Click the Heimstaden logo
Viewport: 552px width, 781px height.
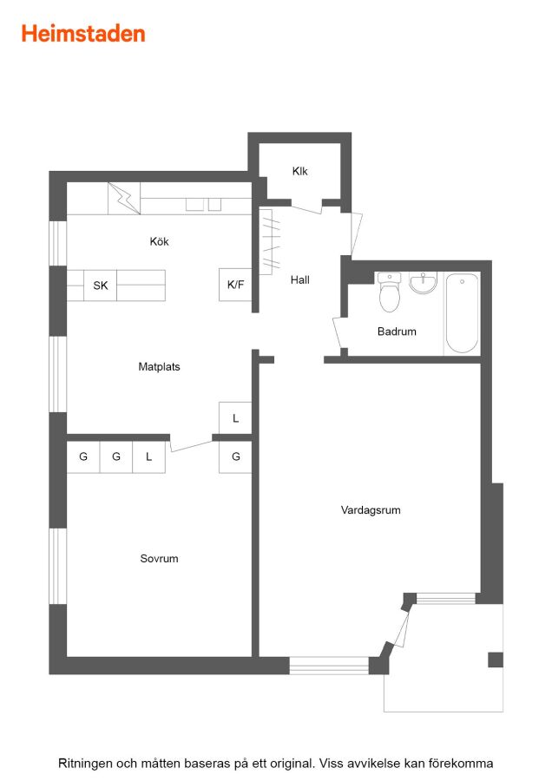pos(83,34)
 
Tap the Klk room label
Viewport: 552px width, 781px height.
pos(300,171)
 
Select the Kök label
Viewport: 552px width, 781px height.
pos(160,241)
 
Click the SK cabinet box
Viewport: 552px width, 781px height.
pos(100,285)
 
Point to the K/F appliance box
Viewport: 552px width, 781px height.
pos(235,285)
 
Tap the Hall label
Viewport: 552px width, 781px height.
pos(300,280)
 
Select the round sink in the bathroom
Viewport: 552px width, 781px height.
pos(423,282)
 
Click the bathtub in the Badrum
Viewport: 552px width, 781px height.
pos(462,313)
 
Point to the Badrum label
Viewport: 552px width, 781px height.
pos(397,331)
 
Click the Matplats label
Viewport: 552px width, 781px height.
pos(159,367)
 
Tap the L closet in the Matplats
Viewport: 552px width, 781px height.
pos(235,418)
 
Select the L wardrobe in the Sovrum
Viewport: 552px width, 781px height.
pos(149,456)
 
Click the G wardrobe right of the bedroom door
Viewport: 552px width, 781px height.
pos(235,456)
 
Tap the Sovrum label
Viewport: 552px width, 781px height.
pos(159,559)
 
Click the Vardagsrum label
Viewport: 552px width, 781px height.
pos(371,510)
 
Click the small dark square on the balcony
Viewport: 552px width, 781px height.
pos(496,660)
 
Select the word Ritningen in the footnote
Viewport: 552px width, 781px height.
pos(85,764)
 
